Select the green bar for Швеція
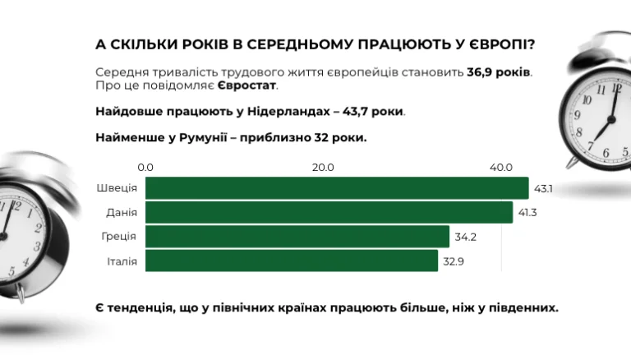point(337,188)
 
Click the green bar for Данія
point(329,213)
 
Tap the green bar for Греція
point(297,237)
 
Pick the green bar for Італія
point(292,261)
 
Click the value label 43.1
point(543,189)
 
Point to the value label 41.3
point(527,213)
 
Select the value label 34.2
point(464,238)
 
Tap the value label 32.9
point(453,261)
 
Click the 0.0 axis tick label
point(145,168)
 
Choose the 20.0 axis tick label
point(323,168)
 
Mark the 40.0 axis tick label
point(501,168)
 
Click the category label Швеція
point(117,189)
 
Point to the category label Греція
point(118,238)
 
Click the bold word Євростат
point(252,85)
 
